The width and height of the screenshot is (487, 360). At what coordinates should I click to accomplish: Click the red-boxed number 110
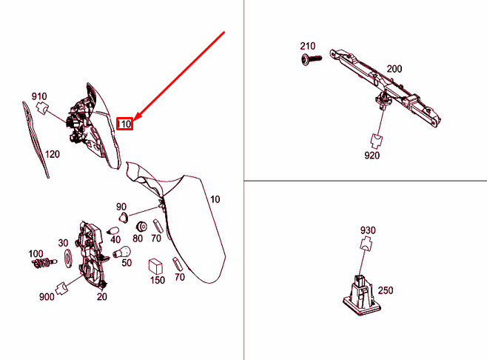(126, 124)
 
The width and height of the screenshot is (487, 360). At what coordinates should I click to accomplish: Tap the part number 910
(39, 96)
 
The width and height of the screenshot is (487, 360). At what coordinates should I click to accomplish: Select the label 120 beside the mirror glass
(52, 155)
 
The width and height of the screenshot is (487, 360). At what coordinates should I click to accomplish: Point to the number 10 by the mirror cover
(215, 199)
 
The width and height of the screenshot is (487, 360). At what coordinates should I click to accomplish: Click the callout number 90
(121, 206)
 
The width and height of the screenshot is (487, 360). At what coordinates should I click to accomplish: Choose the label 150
(158, 280)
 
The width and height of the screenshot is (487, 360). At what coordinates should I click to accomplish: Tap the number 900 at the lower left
(47, 297)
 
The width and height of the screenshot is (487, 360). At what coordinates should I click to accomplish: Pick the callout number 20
(102, 297)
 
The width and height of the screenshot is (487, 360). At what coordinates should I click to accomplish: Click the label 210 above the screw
(308, 47)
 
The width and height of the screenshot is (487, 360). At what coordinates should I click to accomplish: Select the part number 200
(394, 69)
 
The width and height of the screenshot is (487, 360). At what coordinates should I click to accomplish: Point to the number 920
(372, 156)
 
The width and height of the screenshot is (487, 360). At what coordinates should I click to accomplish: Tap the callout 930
(368, 231)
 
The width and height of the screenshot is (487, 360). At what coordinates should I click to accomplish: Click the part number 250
(386, 290)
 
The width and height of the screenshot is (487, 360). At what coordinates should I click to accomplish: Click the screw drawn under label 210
(309, 59)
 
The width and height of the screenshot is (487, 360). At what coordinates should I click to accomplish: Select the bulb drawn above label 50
(125, 252)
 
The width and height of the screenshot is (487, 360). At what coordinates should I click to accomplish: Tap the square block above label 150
(156, 265)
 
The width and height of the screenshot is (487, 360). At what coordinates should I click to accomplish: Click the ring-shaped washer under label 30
(64, 258)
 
